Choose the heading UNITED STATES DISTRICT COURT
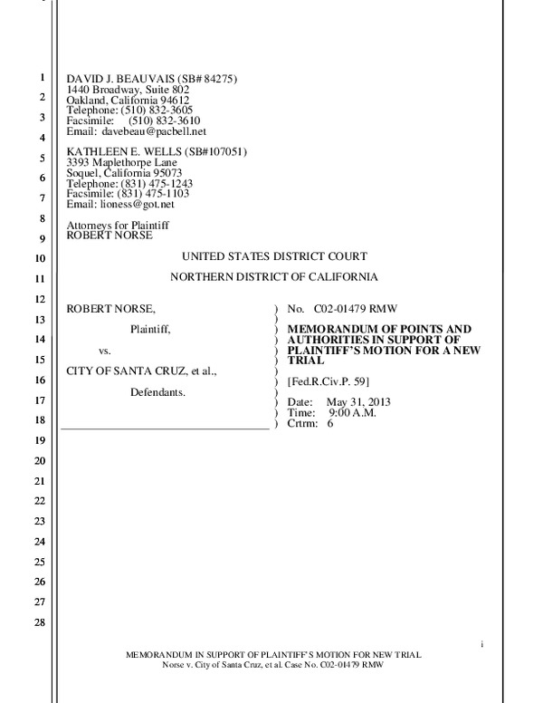tap(274, 256)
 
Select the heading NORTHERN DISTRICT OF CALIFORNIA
tap(274, 276)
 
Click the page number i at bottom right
tap(481, 643)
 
